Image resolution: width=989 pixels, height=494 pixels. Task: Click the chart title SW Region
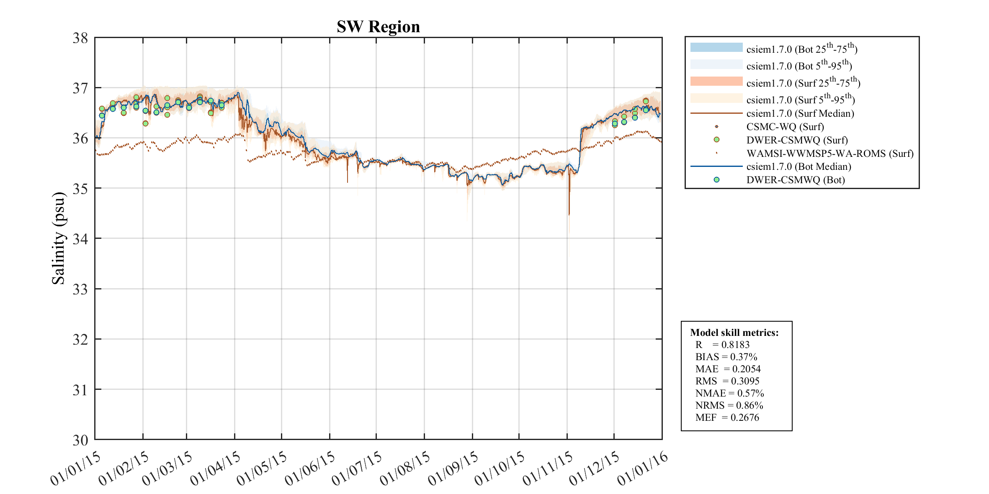(378, 27)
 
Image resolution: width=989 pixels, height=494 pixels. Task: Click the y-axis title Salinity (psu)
(59, 238)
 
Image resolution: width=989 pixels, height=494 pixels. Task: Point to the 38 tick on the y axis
(80, 38)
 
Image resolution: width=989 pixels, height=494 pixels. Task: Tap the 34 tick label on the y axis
(80, 239)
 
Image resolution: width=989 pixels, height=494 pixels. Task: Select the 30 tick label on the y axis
(80, 440)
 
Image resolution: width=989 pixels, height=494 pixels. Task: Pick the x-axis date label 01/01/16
(643, 468)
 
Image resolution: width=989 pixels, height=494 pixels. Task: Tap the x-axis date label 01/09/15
(453, 468)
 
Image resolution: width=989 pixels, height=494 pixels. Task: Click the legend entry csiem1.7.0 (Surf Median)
(800, 113)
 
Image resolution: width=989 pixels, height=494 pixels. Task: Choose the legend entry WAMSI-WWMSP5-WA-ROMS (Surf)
(829, 153)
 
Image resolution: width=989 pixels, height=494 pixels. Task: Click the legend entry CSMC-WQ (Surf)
(785, 127)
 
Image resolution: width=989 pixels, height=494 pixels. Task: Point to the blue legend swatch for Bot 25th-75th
(716, 47)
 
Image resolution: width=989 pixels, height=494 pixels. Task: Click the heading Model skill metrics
(734, 333)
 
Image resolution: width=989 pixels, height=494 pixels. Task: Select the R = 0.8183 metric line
(722, 345)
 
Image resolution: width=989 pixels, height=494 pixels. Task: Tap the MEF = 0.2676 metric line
(727, 417)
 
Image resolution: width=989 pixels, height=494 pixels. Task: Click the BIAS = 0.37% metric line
(726, 357)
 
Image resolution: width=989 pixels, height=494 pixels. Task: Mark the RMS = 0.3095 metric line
(727, 381)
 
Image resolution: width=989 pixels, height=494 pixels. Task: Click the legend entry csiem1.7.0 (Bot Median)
(798, 166)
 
